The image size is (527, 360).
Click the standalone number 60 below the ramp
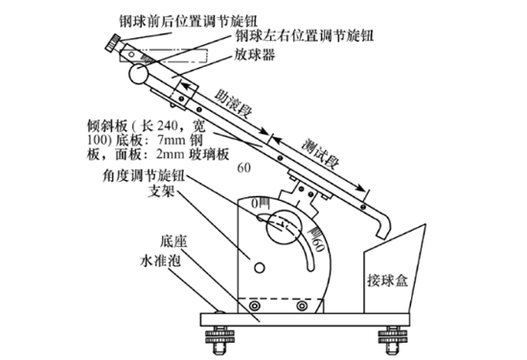tap(243, 169)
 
